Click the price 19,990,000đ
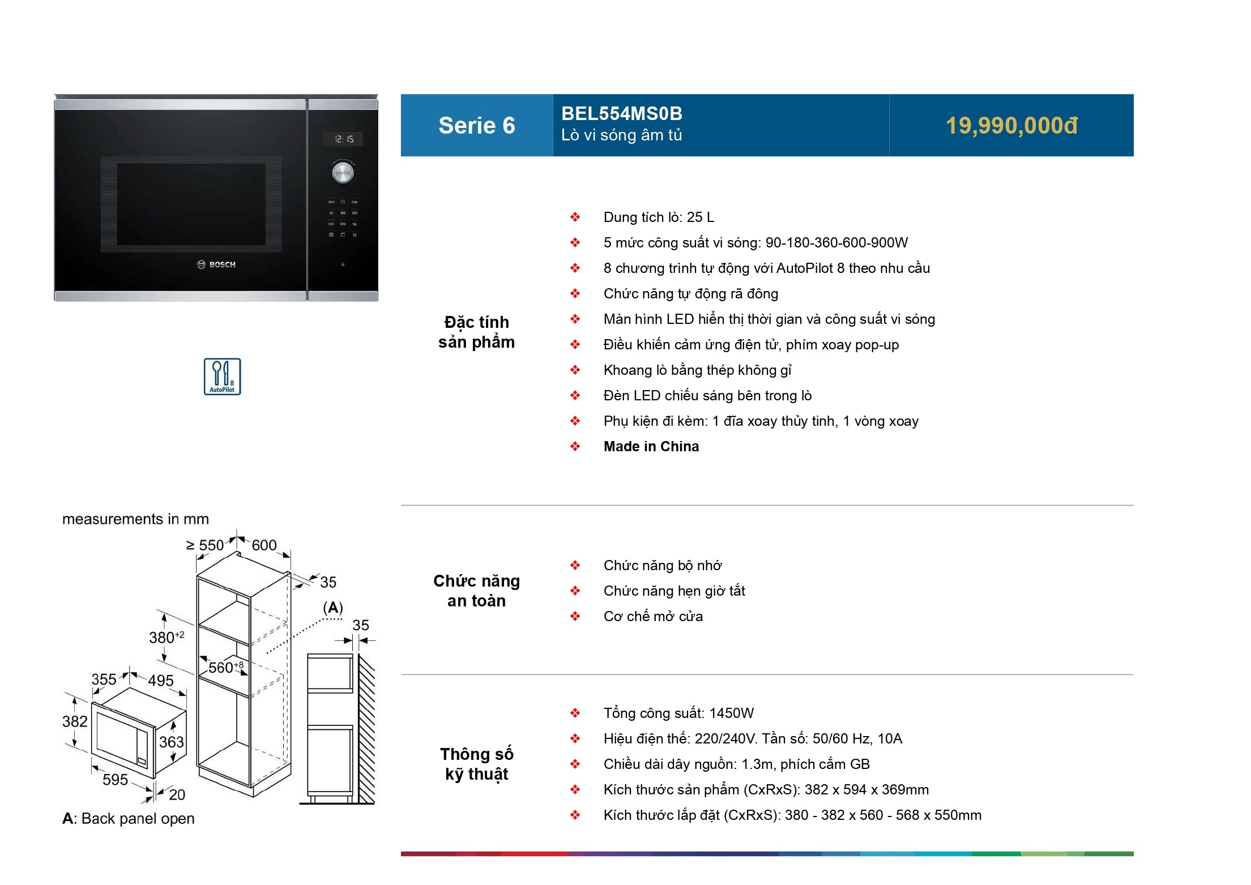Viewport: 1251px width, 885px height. click(x=1011, y=126)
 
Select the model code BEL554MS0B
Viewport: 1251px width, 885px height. click(x=622, y=114)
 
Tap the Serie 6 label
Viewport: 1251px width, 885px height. click(x=477, y=126)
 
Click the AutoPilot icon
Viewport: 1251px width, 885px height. click(x=223, y=377)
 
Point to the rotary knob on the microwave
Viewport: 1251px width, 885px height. click(x=343, y=172)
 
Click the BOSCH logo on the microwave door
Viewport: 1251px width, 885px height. click(x=216, y=264)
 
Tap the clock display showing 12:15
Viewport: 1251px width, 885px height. click(x=343, y=139)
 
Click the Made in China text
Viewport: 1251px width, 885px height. click(x=651, y=447)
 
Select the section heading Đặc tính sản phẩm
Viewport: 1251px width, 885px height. click(x=477, y=332)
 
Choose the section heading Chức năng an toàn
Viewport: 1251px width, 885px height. click(x=477, y=591)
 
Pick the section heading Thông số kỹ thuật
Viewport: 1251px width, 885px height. click(x=477, y=764)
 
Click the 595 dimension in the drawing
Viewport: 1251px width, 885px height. click(x=115, y=780)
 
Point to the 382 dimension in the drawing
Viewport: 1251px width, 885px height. click(x=75, y=721)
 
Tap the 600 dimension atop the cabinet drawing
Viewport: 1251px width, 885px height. click(x=264, y=545)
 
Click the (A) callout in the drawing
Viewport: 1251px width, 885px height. click(x=333, y=608)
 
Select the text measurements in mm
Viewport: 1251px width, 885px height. click(x=135, y=519)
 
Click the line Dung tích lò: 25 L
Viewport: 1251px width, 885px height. click(x=659, y=217)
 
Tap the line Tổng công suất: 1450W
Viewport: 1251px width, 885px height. click(x=678, y=713)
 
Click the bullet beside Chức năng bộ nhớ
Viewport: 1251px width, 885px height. click(x=575, y=566)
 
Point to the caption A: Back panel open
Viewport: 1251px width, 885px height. click(x=129, y=819)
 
